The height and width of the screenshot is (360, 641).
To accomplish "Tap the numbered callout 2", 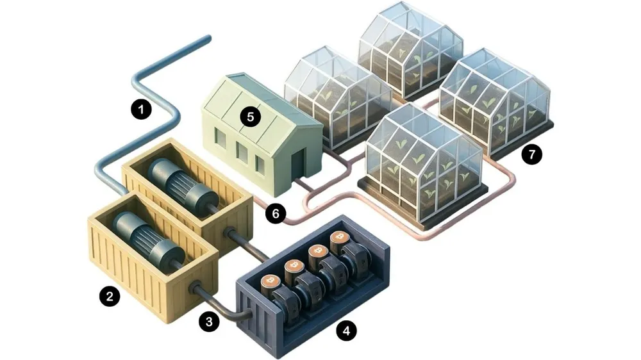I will point(110,296).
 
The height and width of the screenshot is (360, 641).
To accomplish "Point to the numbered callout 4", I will point(347,331).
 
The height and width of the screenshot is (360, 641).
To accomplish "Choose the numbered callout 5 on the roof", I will point(249,117).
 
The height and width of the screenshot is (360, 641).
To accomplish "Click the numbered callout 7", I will point(530,154).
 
